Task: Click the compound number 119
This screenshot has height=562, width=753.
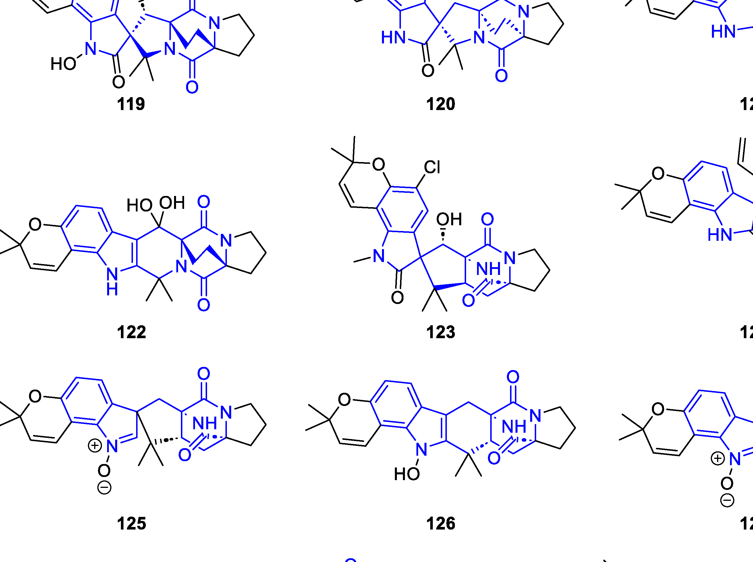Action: pos(131,104)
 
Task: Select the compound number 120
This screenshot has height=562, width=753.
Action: pos(441,104)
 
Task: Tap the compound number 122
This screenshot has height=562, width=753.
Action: pos(131,332)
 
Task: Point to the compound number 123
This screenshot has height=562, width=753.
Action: pos(441,332)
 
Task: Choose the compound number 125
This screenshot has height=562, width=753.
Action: pos(131,523)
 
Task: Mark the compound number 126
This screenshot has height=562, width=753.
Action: pos(441,523)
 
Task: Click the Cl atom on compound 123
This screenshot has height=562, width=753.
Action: pos(432,168)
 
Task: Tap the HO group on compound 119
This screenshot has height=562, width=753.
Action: pos(63,63)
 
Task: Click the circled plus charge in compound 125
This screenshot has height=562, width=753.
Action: pos(94,446)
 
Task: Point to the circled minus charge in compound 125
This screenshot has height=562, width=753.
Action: pos(104,488)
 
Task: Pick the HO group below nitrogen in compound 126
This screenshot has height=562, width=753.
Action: pos(407,474)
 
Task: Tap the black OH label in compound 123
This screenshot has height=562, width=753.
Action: pos(449,220)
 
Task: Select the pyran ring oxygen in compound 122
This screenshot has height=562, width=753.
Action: pos(35,224)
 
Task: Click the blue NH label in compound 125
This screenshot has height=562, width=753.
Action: pos(205,424)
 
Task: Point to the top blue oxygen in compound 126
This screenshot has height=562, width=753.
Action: pos(513,377)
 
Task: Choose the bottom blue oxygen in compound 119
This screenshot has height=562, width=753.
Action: pos(192,87)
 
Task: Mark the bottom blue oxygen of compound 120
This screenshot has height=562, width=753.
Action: pos(501,76)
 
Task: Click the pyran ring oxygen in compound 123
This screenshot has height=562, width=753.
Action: pos(379,165)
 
